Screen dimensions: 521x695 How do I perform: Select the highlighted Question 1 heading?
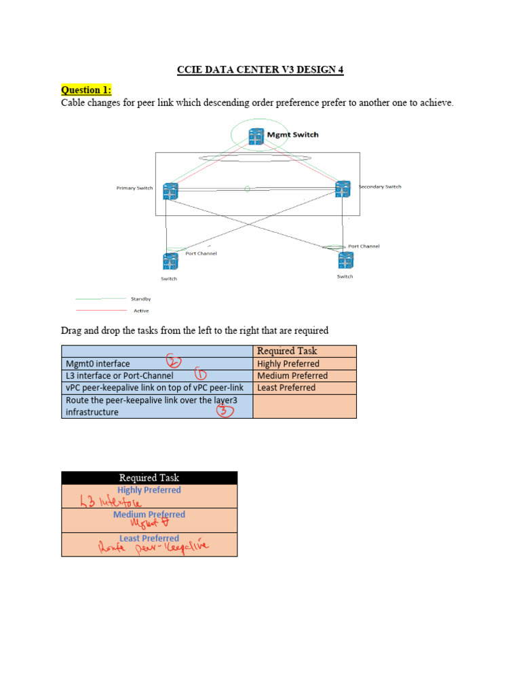click(86, 90)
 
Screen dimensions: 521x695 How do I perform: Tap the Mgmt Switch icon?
click(256, 136)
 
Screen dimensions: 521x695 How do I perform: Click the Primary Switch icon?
click(170, 191)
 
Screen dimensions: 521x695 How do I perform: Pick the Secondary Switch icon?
click(343, 189)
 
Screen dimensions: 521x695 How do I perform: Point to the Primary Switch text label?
click(134, 188)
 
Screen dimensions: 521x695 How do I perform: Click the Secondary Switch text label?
click(380, 187)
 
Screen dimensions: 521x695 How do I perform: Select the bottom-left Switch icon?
click(169, 261)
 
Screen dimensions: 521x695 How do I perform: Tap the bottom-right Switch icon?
click(345, 259)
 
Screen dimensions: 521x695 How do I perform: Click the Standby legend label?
click(141, 298)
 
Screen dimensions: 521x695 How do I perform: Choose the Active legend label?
click(141, 310)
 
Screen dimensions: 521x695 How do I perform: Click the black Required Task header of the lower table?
click(149, 478)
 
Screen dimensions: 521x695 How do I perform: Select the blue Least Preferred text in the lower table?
click(149, 538)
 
